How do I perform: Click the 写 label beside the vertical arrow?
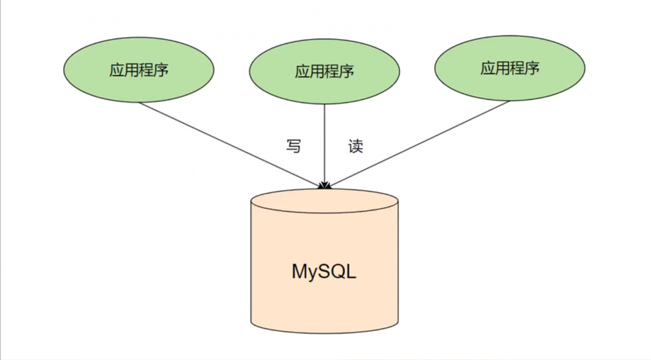pos(294,147)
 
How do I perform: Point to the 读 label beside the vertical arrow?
pos(356,147)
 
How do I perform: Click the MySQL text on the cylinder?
pos(324,271)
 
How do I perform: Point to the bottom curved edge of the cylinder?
pos(324,332)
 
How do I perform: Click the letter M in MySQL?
pos(299,271)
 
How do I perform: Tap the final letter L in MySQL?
pos(351,271)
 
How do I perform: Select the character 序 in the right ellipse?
pos(532,69)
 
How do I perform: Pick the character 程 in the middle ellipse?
pos(332,72)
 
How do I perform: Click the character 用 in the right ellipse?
pos(502,69)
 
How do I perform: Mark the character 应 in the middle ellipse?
pos(302,72)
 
